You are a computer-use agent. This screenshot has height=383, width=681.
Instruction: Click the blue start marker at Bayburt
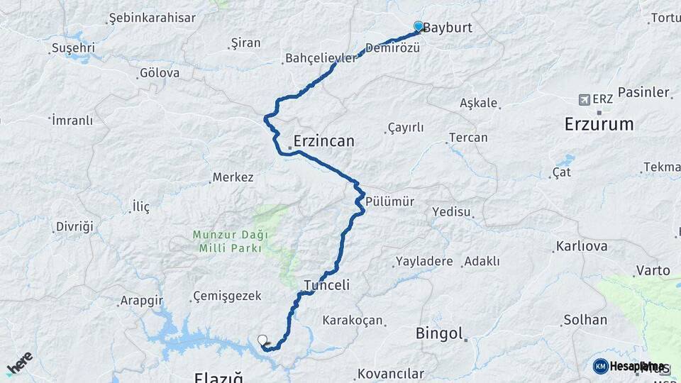point(419,27)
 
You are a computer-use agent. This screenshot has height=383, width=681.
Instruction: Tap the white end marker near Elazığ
point(262,340)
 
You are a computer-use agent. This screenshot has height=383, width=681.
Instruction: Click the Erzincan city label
point(323,141)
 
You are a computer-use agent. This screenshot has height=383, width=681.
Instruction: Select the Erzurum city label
point(599,124)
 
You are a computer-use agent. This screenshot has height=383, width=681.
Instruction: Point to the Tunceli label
point(326,285)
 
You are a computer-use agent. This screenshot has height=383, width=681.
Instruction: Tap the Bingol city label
point(439,333)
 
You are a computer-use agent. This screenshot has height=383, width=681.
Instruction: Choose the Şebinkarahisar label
point(152,18)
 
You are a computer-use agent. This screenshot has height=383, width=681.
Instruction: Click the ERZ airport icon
point(585,99)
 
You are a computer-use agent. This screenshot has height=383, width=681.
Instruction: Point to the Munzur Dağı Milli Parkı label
point(227,241)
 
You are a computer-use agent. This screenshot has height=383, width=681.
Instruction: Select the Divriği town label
point(74,227)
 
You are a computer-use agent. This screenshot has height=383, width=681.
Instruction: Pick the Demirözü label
point(393,48)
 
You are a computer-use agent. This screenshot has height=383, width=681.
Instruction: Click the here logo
point(20,364)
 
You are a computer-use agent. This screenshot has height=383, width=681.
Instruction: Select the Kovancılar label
point(391,373)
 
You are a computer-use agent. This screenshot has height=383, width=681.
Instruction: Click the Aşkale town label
point(479,103)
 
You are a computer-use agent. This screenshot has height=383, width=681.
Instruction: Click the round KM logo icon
point(601,366)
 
